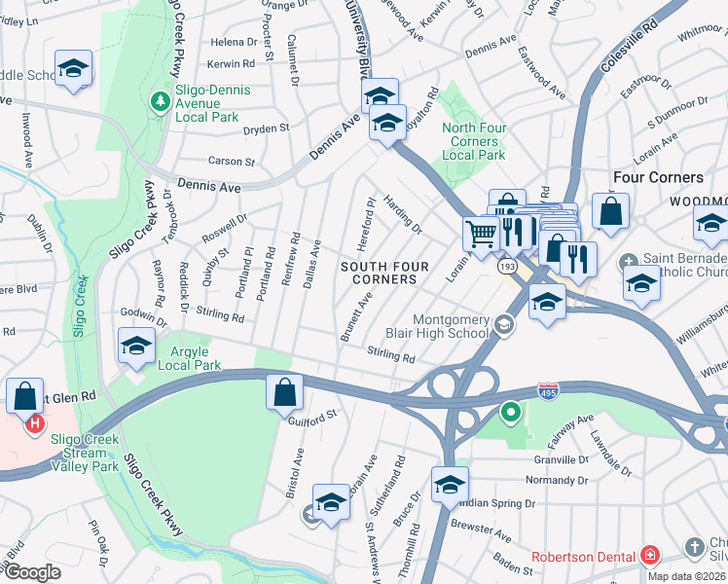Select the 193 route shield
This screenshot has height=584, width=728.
[x=507, y=265]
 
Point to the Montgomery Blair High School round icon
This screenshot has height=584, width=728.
[x=503, y=326]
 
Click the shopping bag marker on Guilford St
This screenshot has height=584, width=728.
[x=285, y=393]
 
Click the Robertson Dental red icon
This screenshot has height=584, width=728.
[x=649, y=556]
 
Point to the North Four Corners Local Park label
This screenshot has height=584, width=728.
[x=473, y=141]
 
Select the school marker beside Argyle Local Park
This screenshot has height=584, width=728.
[x=137, y=346]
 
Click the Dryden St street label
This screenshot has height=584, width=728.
[x=267, y=128]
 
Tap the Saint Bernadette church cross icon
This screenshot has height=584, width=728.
[x=628, y=260]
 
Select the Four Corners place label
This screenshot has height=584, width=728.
[x=658, y=177]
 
